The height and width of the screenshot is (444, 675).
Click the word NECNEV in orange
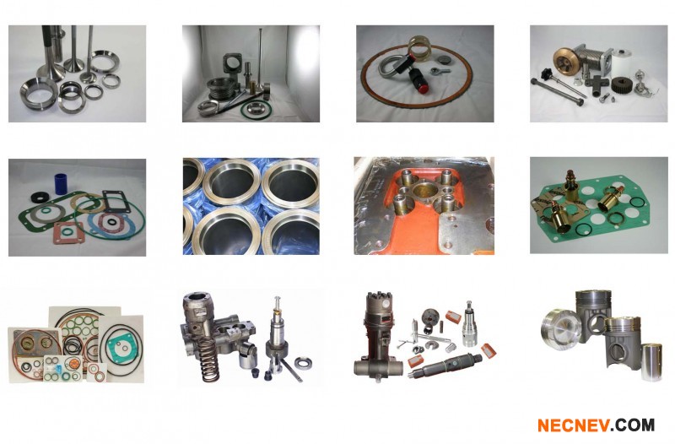click(x=574, y=425)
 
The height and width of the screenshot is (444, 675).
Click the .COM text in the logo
click(x=632, y=425)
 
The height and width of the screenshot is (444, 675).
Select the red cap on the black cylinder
click(x=424, y=89)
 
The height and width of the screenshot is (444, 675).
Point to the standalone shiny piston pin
click(x=651, y=362)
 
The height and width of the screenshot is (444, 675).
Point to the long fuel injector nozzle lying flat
click(x=445, y=365)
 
